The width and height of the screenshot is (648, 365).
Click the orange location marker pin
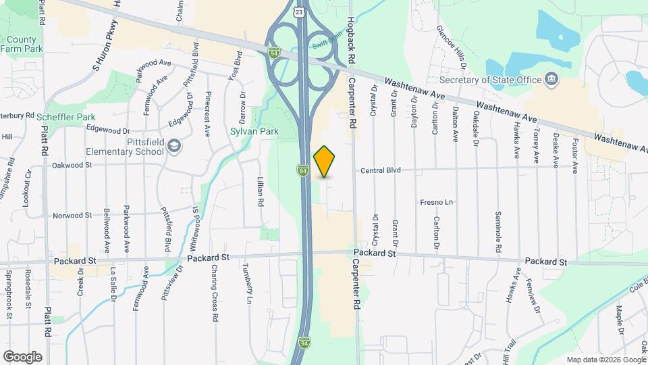pos(325,161)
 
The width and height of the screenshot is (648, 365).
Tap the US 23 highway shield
pos(298,11)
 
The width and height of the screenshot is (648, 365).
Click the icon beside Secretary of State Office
pos(551,80)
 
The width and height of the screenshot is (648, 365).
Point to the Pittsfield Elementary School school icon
pos(174,146)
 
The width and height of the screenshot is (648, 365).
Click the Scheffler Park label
pos(66,117)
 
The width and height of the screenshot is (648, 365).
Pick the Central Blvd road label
pos(381,171)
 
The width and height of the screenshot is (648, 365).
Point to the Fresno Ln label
pos(435,202)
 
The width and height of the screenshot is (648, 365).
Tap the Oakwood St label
pos(72,164)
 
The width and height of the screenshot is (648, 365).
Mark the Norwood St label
pos(72,216)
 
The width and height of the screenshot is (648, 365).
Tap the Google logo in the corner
pos(22,356)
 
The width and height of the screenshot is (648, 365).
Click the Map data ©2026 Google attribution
pos(606,360)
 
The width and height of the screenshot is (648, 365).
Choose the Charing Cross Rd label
pos(215,292)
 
